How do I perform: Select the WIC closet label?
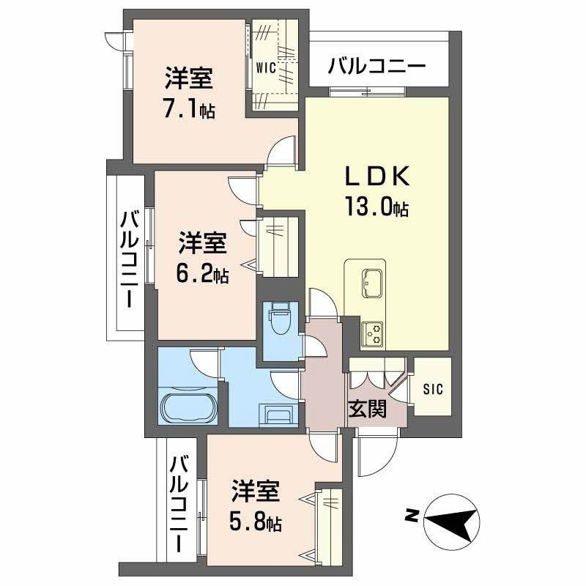(265, 68)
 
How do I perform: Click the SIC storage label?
(432, 389)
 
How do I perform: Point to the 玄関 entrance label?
(367, 409)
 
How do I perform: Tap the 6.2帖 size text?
(202, 272)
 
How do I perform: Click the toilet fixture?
(279, 319)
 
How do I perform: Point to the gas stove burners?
(373, 333)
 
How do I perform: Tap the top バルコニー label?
(377, 66)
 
